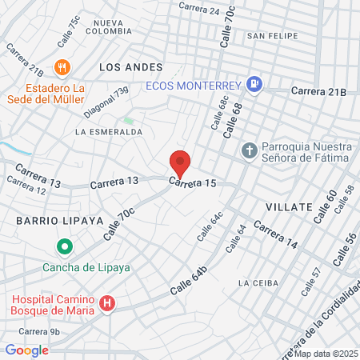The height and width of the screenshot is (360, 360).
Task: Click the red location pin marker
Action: click(180, 163)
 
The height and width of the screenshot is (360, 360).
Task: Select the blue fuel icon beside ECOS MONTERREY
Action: click(254, 82)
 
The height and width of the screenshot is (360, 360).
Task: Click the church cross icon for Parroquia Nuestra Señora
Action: click(250, 150)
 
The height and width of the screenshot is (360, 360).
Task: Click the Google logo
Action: click(26, 350)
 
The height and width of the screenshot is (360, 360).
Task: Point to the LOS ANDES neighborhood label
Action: click(131, 67)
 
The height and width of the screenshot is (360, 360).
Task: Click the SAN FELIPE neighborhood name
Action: click(272, 36)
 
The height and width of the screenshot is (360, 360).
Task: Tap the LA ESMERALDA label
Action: click(109, 131)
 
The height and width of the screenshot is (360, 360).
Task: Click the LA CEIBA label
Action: click(257, 283)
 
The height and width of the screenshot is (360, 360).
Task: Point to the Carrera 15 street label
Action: click(192, 183)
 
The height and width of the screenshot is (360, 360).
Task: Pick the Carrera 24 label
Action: click(199, 10)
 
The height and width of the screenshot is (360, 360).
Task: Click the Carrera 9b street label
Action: click(39, 331)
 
